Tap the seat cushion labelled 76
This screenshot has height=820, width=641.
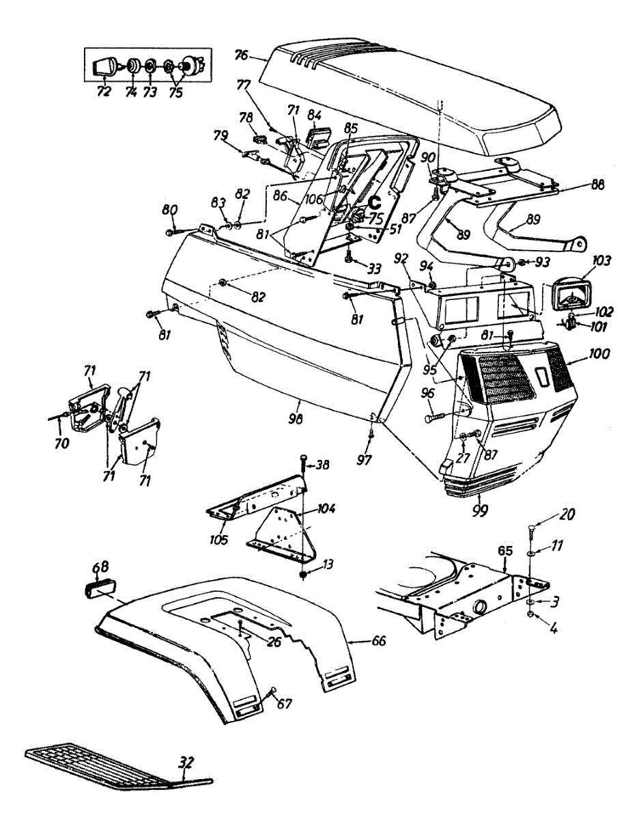coord(410,96)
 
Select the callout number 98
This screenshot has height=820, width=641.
coord(296,418)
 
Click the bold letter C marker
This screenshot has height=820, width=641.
coord(375,202)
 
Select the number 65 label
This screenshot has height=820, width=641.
coord(504,549)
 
